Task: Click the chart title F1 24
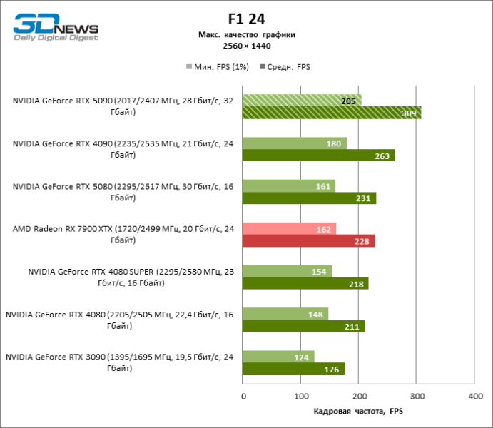[x=246, y=19]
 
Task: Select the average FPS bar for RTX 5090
[x=332, y=113]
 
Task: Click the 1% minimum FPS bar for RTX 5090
[x=302, y=100]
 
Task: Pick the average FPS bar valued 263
[x=318, y=156]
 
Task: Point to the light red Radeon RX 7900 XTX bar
[x=289, y=228]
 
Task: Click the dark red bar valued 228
[x=308, y=241]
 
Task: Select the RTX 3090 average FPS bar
[x=293, y=369]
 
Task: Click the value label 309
[x=409, y=113]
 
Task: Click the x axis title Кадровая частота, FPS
[x=358, y=412]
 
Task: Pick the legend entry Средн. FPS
[x=288, y=67]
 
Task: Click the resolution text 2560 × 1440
[x=246, y=46]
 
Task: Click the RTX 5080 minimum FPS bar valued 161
[x=289, y=185]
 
